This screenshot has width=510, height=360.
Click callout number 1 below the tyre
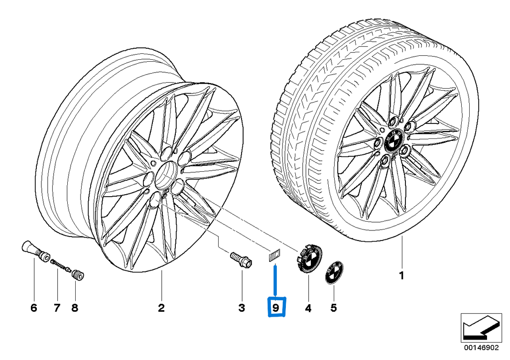point(402,275)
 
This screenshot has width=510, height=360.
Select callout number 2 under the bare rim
point(161,308)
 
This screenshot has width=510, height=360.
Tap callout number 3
point(242,308)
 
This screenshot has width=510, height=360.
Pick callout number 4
point(308,308)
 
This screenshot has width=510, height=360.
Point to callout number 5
point(334,308)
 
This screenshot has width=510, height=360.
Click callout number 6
point(34,308)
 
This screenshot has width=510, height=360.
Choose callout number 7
point(57,308)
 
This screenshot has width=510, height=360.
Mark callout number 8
point(75,308)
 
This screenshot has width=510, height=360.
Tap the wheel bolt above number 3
point(241,259)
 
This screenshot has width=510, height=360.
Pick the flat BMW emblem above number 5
point(334,272)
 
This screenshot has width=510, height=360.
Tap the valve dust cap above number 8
point(78,274)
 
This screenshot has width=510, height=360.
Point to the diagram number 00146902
point(482,348)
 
